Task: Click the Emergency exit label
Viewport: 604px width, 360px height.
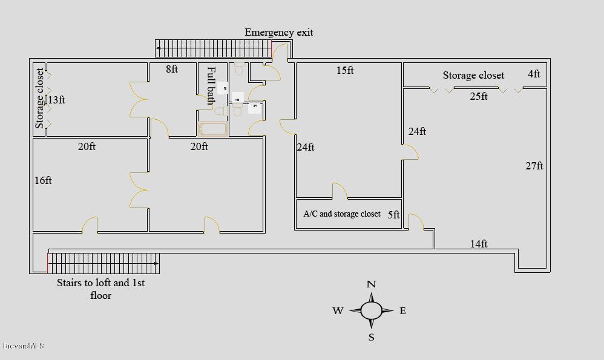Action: (278, 33)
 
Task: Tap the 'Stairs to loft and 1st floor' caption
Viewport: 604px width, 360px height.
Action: (100, 289)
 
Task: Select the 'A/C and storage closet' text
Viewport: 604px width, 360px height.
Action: (342, 214)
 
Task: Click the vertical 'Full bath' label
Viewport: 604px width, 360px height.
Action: (211, 85)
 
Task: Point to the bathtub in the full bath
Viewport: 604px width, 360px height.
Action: (212, 129)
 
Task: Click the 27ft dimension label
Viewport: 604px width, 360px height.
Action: (534, 166)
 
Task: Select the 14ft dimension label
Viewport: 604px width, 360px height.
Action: (479, 244)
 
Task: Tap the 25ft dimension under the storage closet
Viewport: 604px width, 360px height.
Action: (479, 96)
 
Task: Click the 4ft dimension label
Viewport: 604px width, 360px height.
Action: (534, 74)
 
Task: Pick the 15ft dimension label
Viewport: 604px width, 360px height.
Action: (345, 71)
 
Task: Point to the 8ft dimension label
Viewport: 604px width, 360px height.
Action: (172, 70)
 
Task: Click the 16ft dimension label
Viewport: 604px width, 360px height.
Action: (43, 180)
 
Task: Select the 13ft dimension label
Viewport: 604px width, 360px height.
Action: (56, 100)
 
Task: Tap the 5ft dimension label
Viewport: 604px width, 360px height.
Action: (393, 215)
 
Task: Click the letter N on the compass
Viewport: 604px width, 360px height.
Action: (372, 284)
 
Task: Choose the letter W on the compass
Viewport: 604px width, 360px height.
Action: (338, 311)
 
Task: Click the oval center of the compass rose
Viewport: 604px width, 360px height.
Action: (372, 310)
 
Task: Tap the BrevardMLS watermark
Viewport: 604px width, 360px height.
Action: (23, 346)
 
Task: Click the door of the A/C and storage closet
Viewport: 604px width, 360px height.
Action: (340, 191)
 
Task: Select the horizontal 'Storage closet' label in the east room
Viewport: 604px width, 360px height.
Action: (473, 76)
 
